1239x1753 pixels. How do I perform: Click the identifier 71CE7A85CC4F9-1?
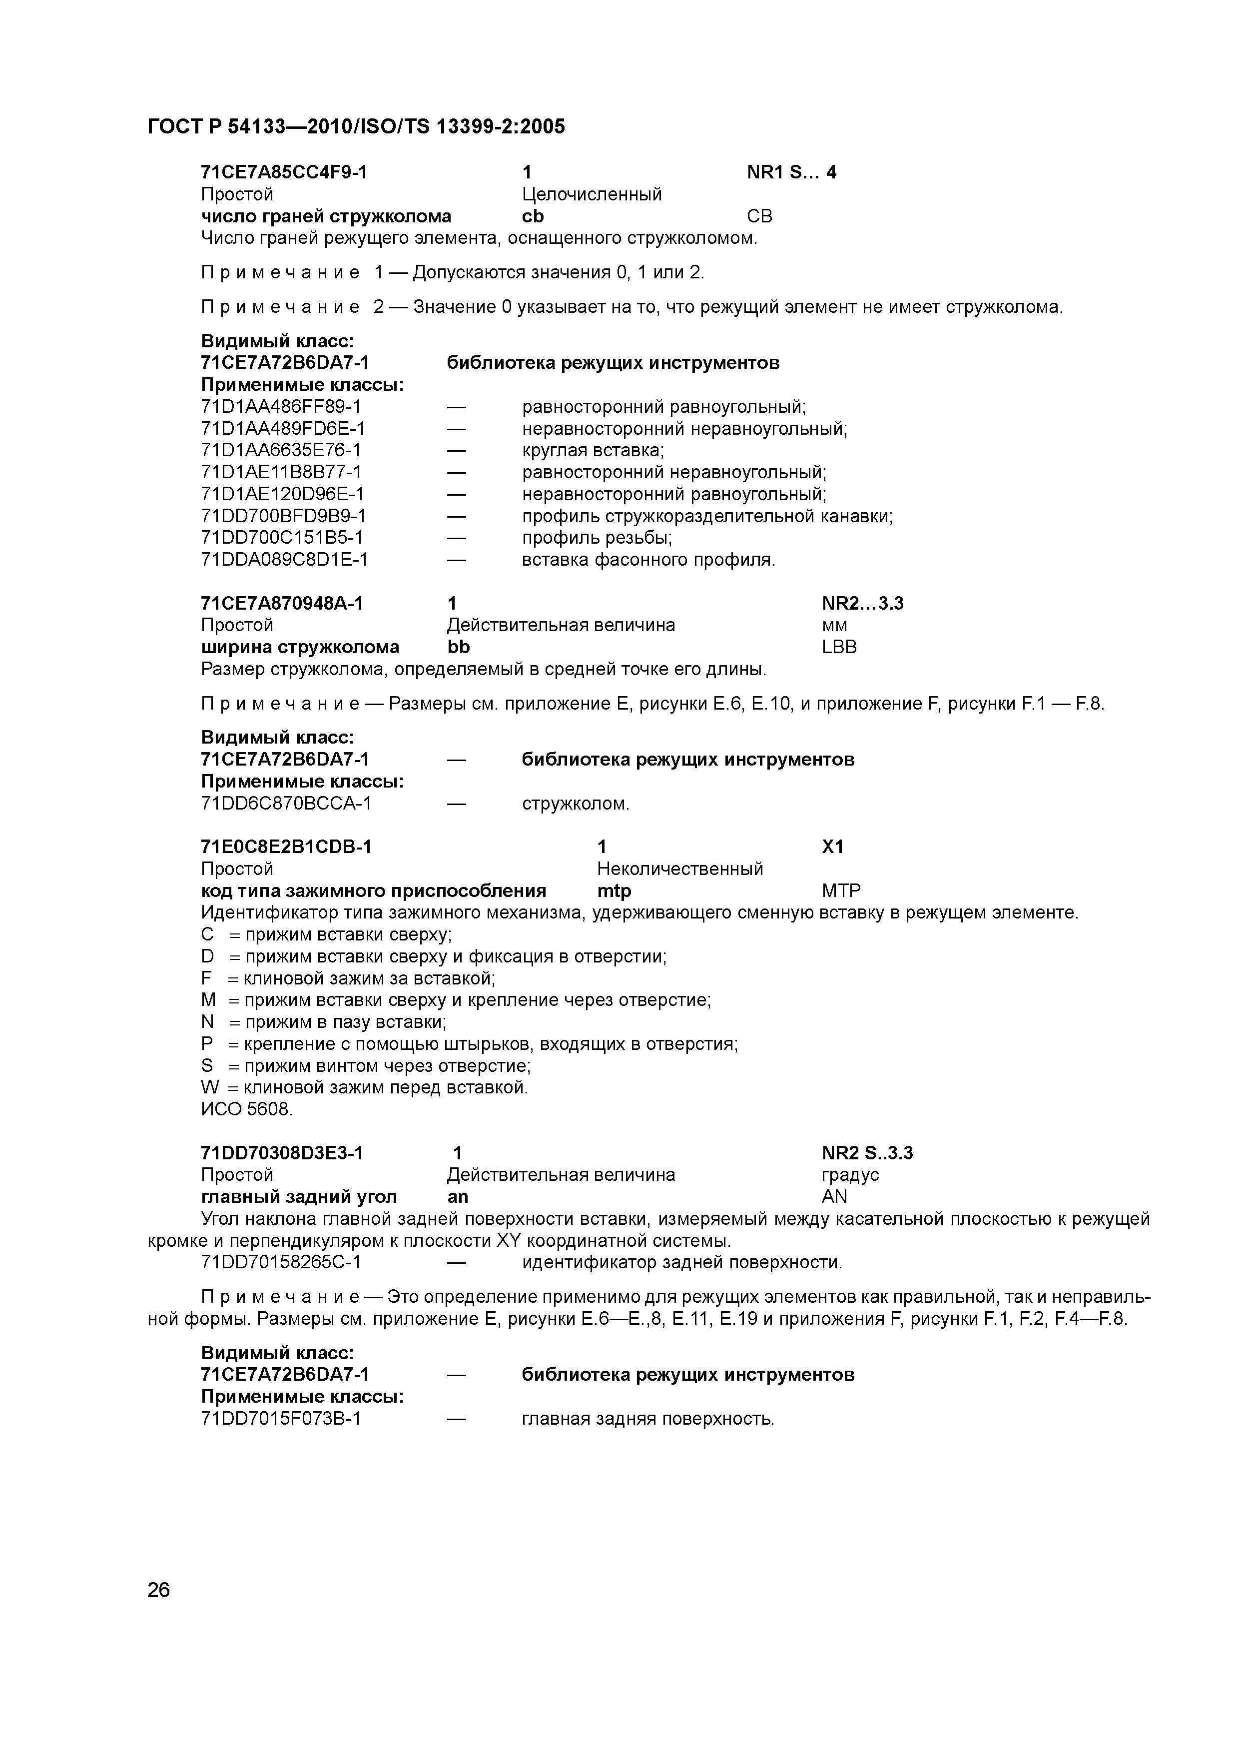click(284, 172)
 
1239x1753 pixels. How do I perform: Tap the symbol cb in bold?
click(533, 217)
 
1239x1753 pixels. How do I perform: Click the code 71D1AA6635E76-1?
click(281, 450)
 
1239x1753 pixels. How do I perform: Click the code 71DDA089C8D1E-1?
click(284, 560)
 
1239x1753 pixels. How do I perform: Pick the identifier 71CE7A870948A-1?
click(282, 604)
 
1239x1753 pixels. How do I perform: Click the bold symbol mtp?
click(614, 891)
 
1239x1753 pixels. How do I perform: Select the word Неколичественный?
click(679, 869)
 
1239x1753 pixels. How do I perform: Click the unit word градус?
click(850, 1175)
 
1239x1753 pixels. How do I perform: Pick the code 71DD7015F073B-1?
click(281, 1419)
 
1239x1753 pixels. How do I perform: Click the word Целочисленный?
click(592, 195)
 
